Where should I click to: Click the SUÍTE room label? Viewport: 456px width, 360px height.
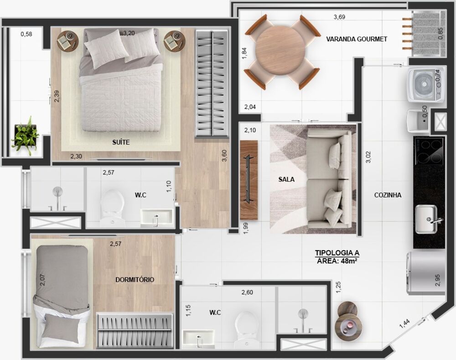(x=121, y=142)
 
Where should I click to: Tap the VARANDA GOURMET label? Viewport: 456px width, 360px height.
(x=357, y=39)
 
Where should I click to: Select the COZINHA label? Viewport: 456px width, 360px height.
(x=388, y=195)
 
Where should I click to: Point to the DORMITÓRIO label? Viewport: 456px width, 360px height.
(x=135, y=280)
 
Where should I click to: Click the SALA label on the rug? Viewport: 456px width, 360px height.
(x=286, y=179)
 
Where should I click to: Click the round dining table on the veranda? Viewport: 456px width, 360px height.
(x=281, y=52)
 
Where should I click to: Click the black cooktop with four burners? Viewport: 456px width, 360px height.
(x=429, y=150)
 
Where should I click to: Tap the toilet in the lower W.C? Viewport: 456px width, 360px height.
(x=247, y=329)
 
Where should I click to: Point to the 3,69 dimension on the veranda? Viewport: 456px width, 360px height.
(x=339, y=17)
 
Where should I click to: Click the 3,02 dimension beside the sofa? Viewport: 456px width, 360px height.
(x=368, y=157)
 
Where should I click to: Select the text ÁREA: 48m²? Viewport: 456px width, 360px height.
(x=337, y=261)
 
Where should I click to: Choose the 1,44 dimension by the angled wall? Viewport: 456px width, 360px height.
(x=405, y=324)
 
